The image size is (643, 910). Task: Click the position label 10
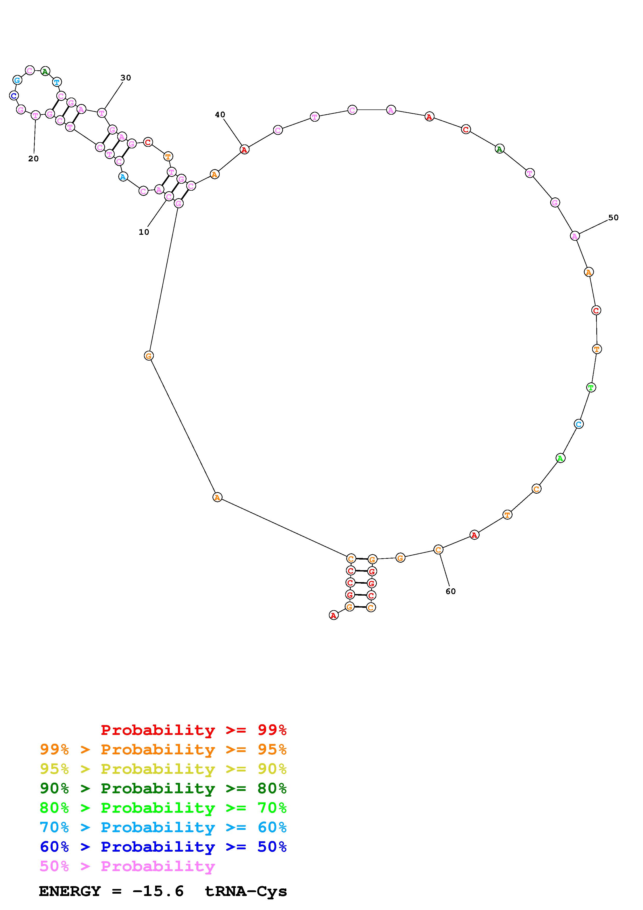point(144,232)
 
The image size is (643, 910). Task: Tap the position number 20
point(34,158)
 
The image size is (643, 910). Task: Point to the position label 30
point(126,78)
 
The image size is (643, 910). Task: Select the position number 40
point(220,115)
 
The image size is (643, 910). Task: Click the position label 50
point(613,218)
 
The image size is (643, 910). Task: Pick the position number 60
point(451,591)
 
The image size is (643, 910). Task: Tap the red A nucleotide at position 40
point(244,150)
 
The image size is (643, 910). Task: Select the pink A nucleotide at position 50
point(575,236)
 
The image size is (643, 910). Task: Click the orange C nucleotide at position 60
point(438,550)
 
